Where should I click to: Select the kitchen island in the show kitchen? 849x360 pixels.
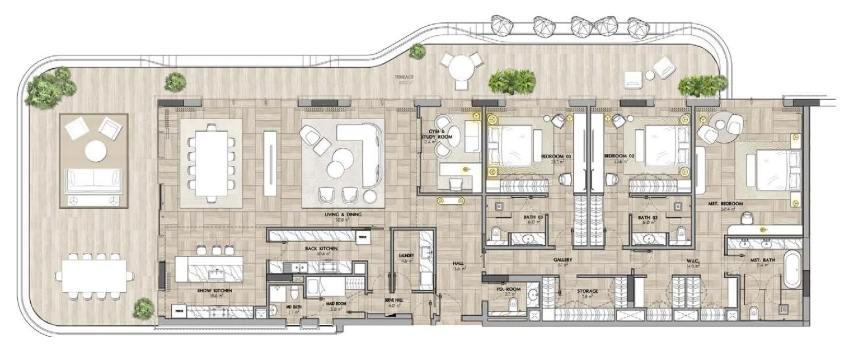click(x=209, y=269)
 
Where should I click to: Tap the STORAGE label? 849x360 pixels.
click(x=587, y=291)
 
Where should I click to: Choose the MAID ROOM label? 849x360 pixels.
click(x=335, y=303)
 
